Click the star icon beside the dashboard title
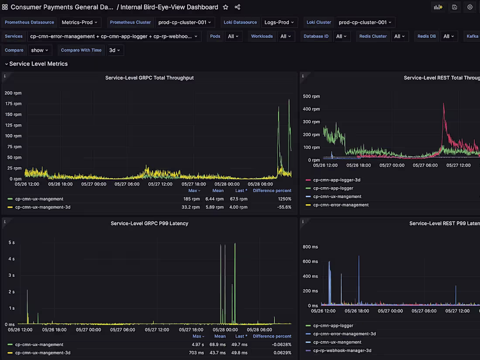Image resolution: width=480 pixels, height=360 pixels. click(226, 7)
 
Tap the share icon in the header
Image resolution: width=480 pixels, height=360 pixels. click(237, 7)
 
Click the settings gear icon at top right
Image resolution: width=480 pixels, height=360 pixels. click(470, 7)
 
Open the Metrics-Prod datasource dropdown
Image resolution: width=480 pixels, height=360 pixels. click(80, 22)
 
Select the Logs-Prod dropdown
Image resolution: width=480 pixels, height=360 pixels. click(279, 22)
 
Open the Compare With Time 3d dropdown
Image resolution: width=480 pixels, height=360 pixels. click(115, 50)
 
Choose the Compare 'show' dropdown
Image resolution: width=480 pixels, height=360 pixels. click(40, 50)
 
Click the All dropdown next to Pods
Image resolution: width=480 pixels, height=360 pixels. click(233, 36)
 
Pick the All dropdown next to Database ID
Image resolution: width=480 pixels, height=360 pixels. click(341, 36)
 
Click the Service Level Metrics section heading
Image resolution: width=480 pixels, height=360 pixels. click(38, 64)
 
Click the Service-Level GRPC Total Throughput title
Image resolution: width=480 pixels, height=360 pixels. click(149, 78)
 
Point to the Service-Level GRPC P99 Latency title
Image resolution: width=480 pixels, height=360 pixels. click(149, 223)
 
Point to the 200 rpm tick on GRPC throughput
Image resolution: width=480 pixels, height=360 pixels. click(13, 93)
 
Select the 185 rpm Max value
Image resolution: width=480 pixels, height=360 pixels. click(192, 199)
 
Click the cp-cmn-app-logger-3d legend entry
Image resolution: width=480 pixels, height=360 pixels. click(336, 180)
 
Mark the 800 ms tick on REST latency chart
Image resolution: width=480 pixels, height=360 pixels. click(310, 247)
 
